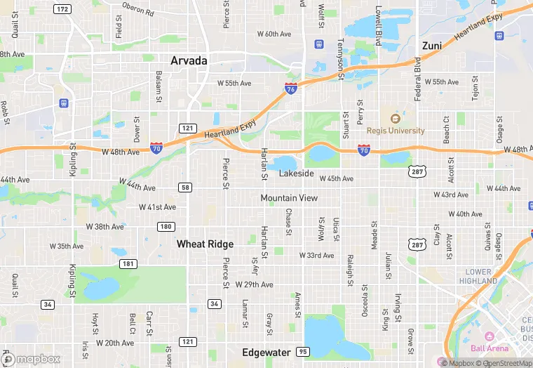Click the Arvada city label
189,61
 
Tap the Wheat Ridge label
205,244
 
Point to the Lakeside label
296,173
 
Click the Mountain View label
289,198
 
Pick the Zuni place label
431,46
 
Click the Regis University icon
395,119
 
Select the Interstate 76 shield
291,88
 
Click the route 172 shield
62,9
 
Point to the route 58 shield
185,187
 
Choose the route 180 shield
166,226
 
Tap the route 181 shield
128,263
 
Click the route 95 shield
303,351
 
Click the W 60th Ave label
274,34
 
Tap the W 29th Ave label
254,284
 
